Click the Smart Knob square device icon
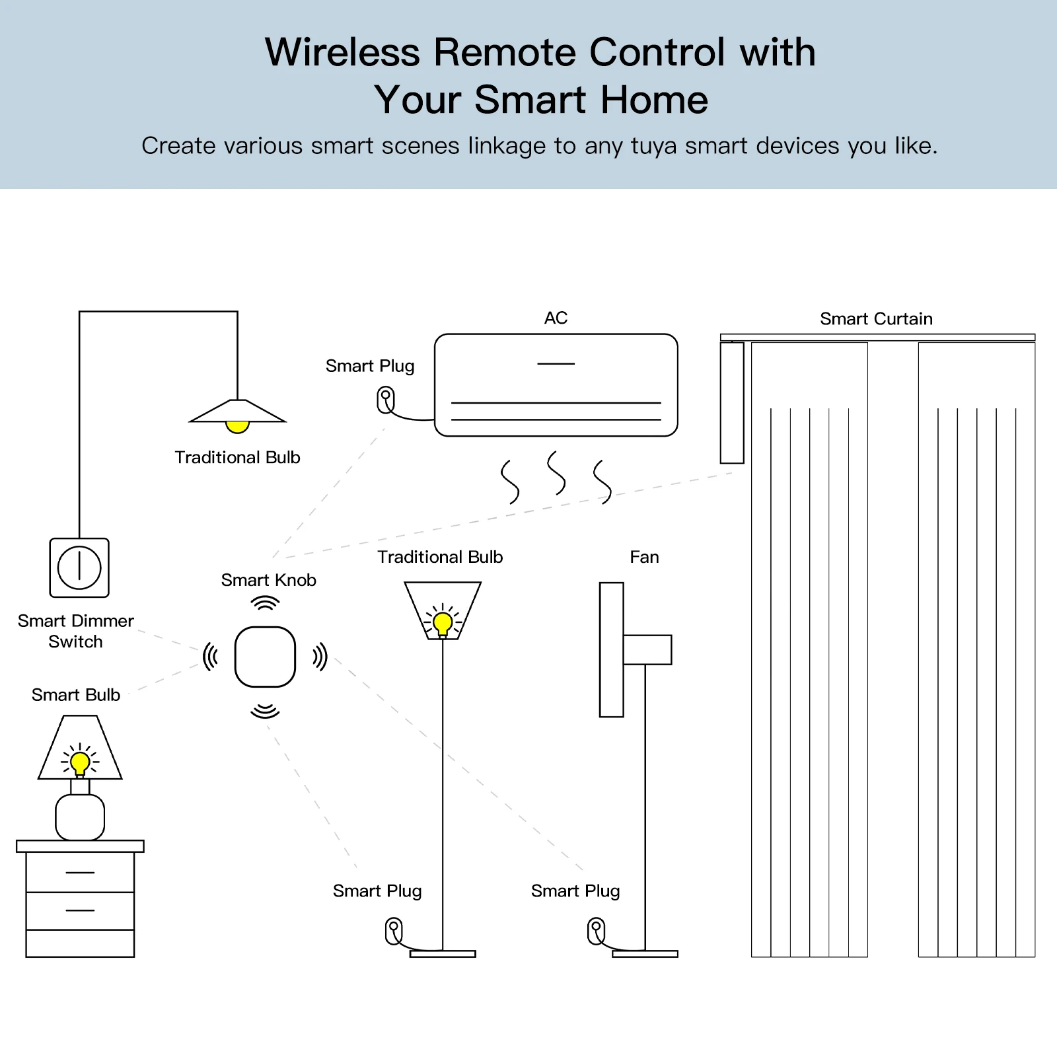pos(265,657)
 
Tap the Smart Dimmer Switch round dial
pos(79,567)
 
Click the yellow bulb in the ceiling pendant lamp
pos(237,427)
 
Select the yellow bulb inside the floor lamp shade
pos(443,623)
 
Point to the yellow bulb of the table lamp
pos(80,763)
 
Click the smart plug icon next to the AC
pos(386,400)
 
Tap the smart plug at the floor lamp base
pos(394,931)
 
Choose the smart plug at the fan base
pos(596,931)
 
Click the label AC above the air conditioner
pos(556,318)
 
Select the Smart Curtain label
pos(876,319)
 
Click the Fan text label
pos(644,558)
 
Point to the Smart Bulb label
pos(76,695)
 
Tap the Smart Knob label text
pos(268,580)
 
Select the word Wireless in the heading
pos(342,52)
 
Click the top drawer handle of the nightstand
pos(80,873)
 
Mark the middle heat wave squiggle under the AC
pos(556,473)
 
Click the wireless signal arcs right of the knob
pos(320,657)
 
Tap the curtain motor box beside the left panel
pos(732,402)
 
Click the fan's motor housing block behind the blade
pos(647,650)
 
